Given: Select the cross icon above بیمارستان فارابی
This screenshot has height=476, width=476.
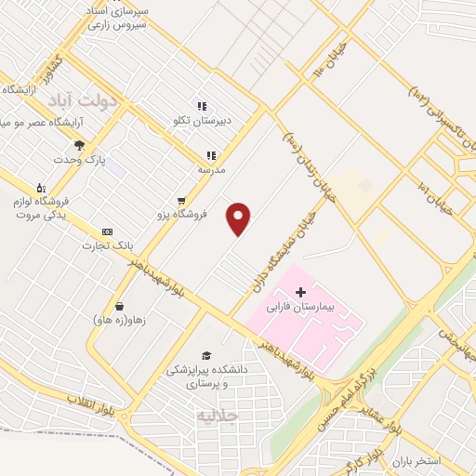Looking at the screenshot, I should [299, 292].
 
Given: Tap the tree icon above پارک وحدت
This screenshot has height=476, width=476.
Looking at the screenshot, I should [79, 145].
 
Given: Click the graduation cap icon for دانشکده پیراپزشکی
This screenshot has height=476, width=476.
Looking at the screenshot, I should [205, 355].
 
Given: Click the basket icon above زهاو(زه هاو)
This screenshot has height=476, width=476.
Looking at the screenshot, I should [119, 306].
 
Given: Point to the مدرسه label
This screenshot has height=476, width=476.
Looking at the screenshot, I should [212, 170].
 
